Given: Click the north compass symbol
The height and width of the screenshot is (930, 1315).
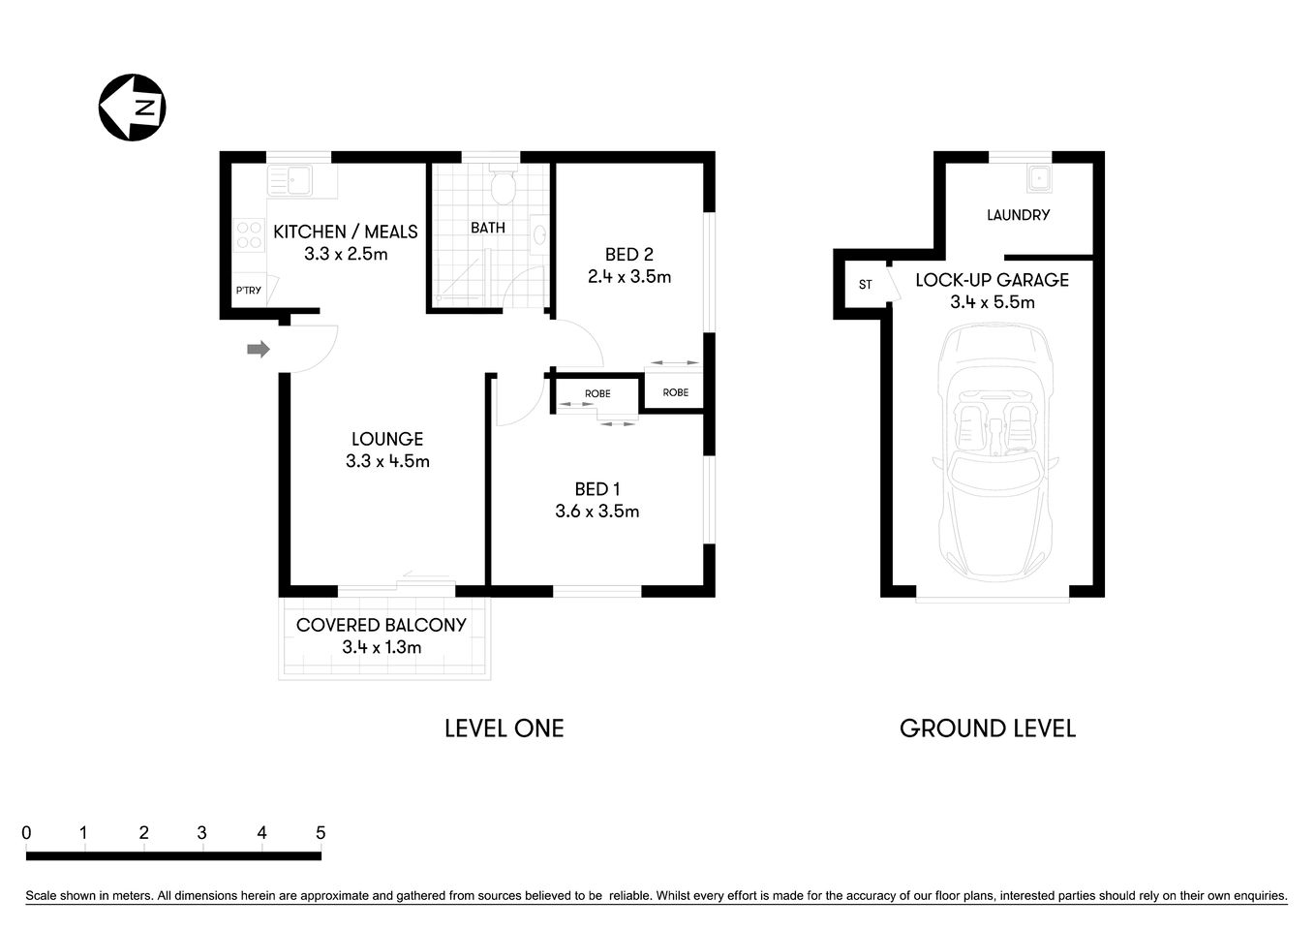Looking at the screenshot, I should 133,108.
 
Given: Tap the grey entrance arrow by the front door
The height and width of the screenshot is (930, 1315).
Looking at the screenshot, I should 258,349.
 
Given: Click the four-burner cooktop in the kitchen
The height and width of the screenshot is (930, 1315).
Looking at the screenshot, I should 249,235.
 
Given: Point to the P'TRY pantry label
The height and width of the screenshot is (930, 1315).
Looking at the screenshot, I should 248,291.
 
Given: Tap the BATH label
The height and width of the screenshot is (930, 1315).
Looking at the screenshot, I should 488,228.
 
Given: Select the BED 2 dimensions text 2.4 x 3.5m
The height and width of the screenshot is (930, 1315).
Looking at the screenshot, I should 628,277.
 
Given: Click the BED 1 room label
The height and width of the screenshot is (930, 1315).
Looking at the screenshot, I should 596,489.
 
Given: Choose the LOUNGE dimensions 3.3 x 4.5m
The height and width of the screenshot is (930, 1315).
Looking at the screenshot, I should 387,462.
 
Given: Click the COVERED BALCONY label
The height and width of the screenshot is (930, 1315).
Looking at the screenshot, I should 381,625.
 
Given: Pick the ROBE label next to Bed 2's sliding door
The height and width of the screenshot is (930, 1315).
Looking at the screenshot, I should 676,392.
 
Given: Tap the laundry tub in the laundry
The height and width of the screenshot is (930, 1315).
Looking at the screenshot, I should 1040,178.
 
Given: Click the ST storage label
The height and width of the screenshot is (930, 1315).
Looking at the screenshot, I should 865,285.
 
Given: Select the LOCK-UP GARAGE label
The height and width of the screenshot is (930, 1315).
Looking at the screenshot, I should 992,280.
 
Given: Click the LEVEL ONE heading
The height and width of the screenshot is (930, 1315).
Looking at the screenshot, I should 504,728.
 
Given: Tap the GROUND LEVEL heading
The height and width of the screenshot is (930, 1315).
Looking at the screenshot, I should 987,728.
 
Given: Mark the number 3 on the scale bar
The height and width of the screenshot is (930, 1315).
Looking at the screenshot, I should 201,833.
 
